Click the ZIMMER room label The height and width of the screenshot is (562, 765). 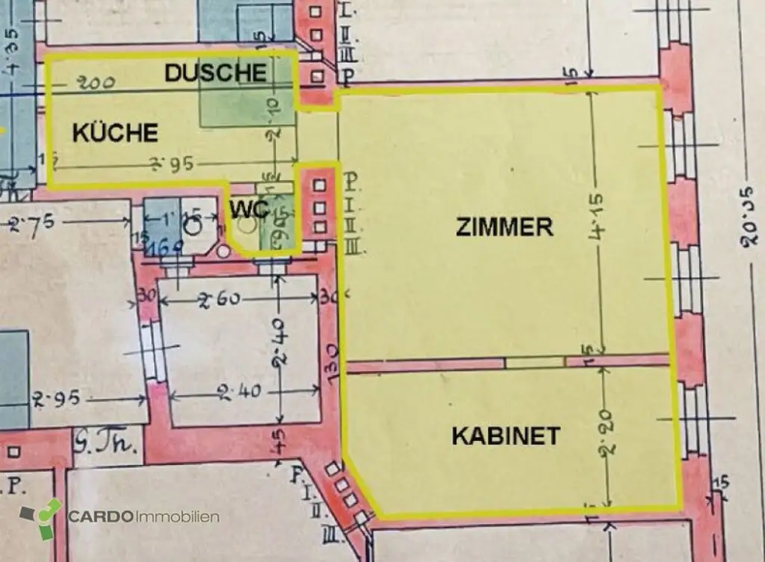point(504,228)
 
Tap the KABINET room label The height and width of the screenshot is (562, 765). point(506,436)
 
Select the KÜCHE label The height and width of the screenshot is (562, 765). point(115,133)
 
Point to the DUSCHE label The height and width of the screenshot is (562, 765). point(215,72)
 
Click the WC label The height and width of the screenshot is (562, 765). point(249,210)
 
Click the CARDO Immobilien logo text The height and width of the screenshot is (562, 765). point(143,517)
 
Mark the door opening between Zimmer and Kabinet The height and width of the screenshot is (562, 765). point(535,362)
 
